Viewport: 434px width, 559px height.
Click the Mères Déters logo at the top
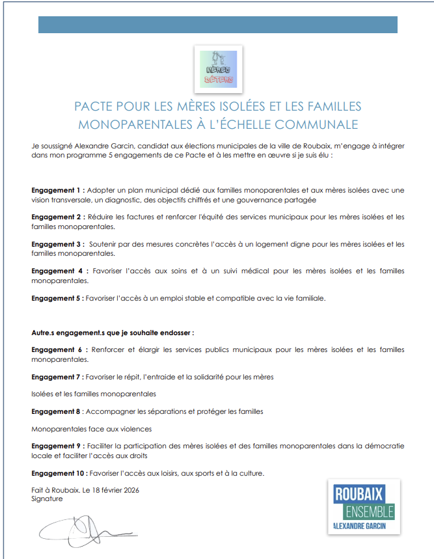pos(219,70)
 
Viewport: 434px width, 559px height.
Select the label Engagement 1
pos(57,190)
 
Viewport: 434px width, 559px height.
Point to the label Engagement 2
pos(57,217)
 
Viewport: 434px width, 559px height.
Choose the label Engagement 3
pos(57,244)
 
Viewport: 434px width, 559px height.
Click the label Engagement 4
pos(59,271)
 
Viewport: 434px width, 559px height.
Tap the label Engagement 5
pos(57,298)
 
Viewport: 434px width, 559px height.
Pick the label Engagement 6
pos(59,349)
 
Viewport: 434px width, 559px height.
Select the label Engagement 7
pos(57,377)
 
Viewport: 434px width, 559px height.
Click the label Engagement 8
pos(57,411)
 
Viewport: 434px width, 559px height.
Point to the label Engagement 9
pos(57,446)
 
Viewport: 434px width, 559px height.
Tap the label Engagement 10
pos(59,473)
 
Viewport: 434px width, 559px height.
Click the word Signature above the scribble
pos(47,498)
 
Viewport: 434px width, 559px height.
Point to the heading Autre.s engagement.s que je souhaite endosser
pos(113,333)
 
